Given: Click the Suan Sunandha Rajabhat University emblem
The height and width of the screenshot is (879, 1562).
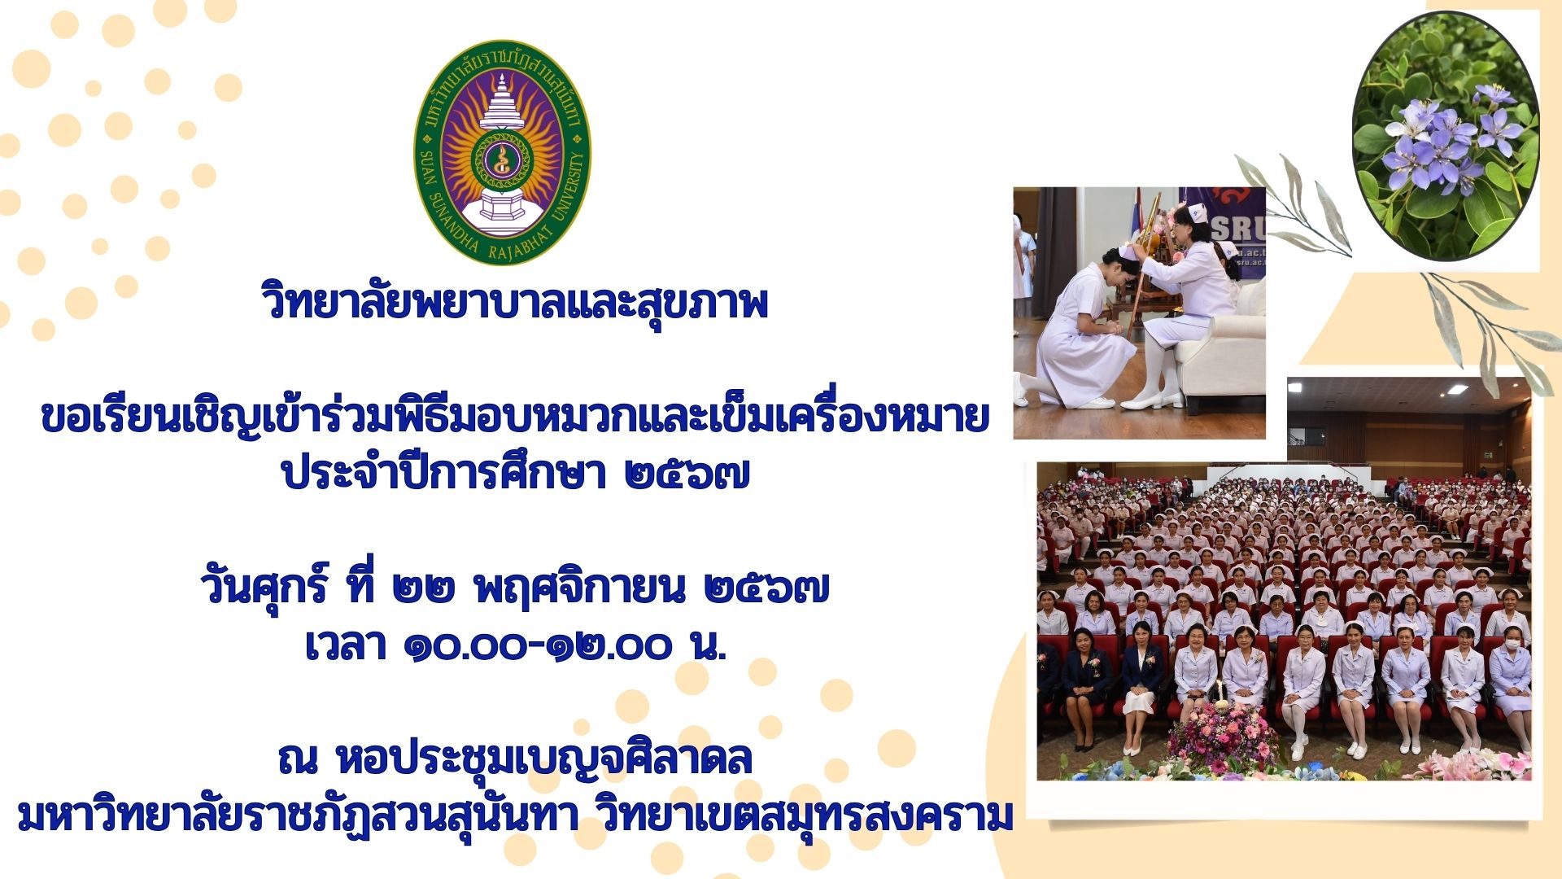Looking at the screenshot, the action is (503, 153).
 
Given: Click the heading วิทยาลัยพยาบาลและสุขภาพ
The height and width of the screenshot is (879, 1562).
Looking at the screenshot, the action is (515, 302).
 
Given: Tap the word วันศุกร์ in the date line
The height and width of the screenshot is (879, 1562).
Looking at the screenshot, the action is (264, 586).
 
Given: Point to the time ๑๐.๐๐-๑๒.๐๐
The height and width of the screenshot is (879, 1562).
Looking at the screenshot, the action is (538, 647).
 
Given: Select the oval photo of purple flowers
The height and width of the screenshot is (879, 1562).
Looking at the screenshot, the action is (1445, 135).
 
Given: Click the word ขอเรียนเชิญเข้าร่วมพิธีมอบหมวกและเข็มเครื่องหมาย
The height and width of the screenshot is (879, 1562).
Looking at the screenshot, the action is (515, 418).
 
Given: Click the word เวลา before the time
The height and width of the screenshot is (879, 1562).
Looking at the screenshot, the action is (345, 647).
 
